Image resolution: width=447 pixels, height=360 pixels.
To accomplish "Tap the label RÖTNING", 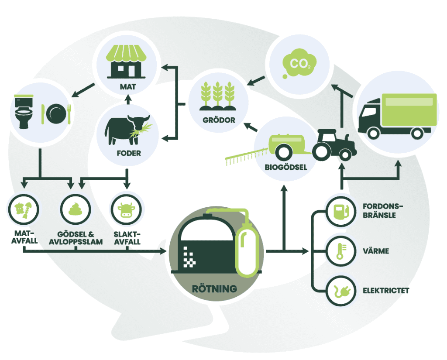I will tap(215, 288).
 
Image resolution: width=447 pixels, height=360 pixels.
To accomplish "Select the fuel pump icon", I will tap(340, 212).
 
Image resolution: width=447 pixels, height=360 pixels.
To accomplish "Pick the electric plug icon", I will tap(340, 290).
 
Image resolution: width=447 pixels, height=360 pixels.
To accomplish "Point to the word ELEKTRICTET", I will tap(386, 290).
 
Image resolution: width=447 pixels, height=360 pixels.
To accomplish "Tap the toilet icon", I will tap(25, 112).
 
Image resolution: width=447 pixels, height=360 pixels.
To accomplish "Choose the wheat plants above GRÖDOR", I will tap(217, 96).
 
